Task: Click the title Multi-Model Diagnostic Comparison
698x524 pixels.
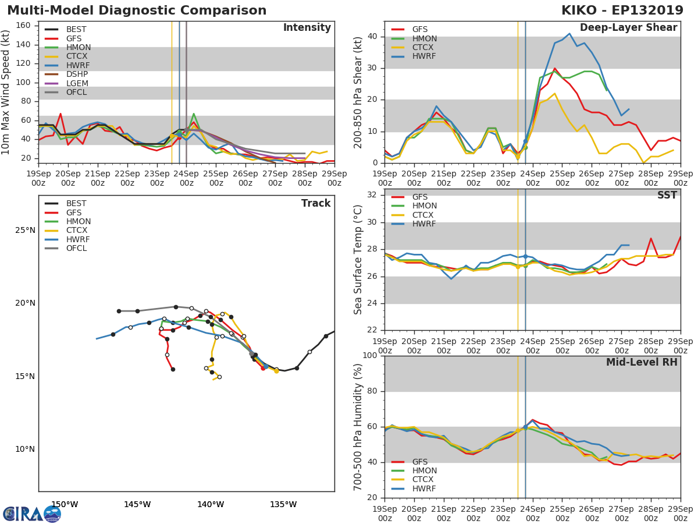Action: point(137,10)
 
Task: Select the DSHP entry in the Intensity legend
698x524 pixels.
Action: point(77,75)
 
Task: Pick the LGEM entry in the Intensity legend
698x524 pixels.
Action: point(77,83)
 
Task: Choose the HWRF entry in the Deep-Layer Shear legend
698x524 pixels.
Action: point(423,56)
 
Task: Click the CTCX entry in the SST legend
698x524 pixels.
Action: point(423,215)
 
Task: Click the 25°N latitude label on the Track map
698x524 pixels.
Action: point(25,231)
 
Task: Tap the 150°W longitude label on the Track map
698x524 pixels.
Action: point(65,505)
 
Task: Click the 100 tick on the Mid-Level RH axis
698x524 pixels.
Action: point(369,356)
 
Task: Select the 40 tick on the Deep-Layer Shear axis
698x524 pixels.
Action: point(373,37)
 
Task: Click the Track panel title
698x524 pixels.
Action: point(316,203)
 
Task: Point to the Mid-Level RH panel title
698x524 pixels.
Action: point(642,362)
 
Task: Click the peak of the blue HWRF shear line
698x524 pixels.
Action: point(569,33)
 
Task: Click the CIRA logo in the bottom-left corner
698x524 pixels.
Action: point(31,514)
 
